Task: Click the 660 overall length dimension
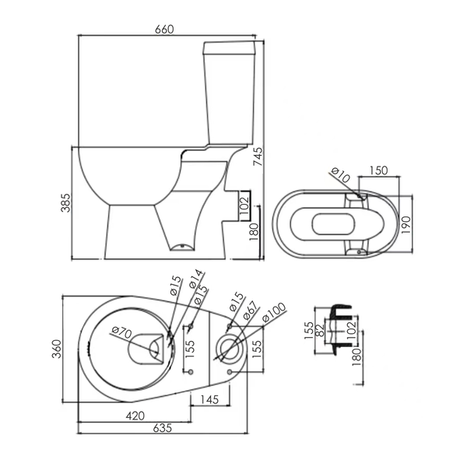tap(164, 30)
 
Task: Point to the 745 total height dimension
tap(258, 156)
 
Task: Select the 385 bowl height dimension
tap(65, 203)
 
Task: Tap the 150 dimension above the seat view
tap(378, 170)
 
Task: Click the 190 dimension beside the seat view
tap(406, 225)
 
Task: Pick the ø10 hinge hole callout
tap(340, 175)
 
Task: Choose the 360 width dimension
tap(56, 349)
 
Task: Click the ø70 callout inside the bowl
tap(121, 332)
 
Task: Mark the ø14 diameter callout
tap(195, 279)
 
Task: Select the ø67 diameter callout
tap(250, 311)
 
